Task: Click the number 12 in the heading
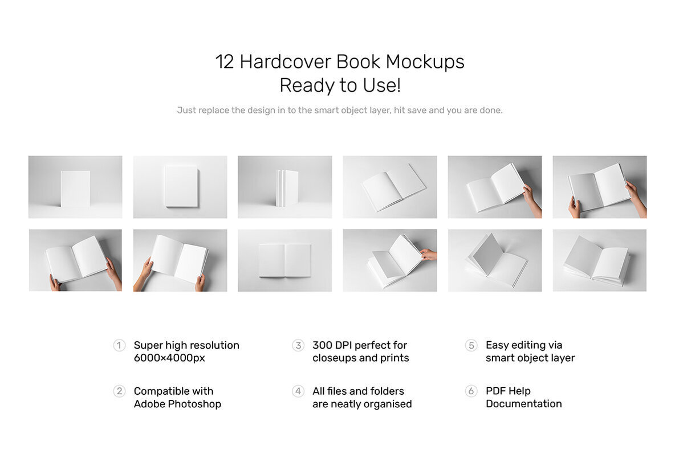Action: point(225,62)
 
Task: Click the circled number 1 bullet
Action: point(119,345)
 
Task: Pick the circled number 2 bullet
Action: point(119,391)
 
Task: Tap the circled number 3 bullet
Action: point(298,345)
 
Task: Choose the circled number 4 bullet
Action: point(298,391)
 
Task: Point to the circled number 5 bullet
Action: point(471,345)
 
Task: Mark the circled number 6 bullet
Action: point(471,391)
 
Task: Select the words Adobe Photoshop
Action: point(177,404)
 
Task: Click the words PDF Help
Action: point(508,391)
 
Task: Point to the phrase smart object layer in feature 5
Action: point(530,358)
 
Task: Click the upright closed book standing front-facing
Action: point(75,189)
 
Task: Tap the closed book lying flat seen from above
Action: point(181,186)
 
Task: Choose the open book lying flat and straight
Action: point(284,260)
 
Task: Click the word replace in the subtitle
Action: point(214,111)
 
